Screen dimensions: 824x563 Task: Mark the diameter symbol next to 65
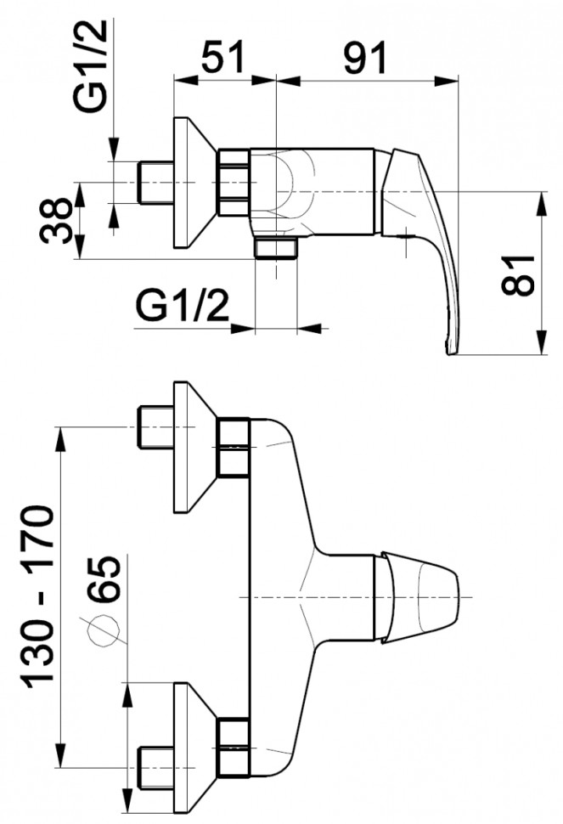click(x=103, y=629)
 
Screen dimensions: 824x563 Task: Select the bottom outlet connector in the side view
click(x=277, y=248)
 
